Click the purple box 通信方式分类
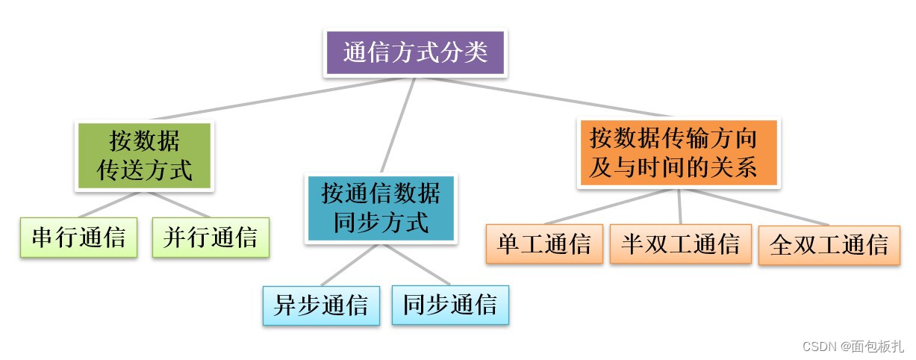(x=415, y=53)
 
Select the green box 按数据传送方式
(x=146, y=156)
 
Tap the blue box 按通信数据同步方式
(x=381, y=208)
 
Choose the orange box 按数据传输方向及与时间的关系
(x=679, y=153)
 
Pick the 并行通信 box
(x=211, y=238)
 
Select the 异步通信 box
(x=321, y=305)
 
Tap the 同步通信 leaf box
(x=450, y=305)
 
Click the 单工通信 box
(x=544, y=243)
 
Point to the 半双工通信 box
(x=680, y=243)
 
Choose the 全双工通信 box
(x=829, y=243)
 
